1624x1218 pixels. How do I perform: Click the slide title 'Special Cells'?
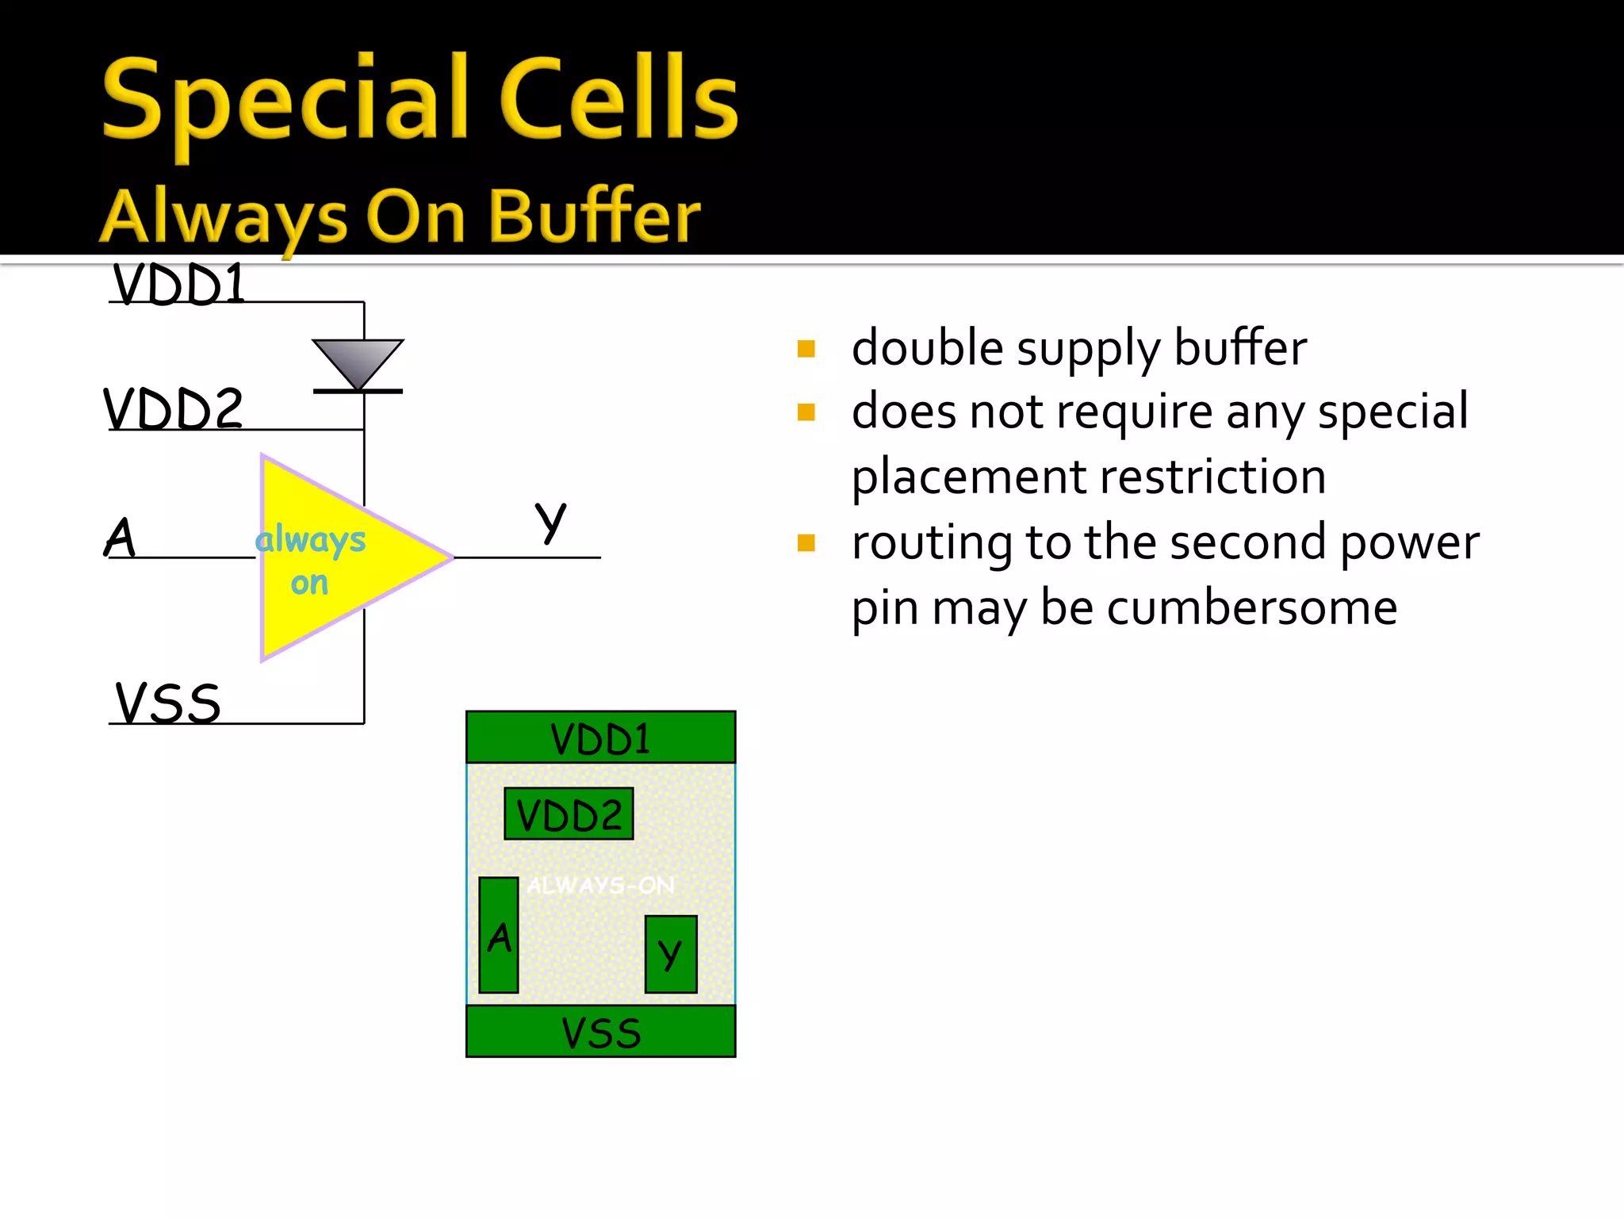click(420, 99)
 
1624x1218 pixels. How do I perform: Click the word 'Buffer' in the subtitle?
click(594, 216)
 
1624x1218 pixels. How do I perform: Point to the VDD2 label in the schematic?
click(173, 409)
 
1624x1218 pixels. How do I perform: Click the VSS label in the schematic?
click(168, 703)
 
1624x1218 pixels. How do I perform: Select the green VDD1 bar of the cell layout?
click(600, 737)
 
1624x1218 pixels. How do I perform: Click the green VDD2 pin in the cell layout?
click(569, 814)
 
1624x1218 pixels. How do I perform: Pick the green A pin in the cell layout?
click(499, 936)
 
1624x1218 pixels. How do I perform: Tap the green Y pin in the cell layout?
click(671, 954)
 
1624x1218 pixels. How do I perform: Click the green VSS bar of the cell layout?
click(600, 1032)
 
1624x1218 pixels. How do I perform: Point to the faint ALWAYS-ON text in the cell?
click(600, 885)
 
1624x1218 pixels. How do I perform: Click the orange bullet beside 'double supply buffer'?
click(806, 349)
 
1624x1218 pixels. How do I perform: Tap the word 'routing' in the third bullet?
click(932, 543)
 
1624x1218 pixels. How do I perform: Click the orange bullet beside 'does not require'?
click(806, 412)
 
